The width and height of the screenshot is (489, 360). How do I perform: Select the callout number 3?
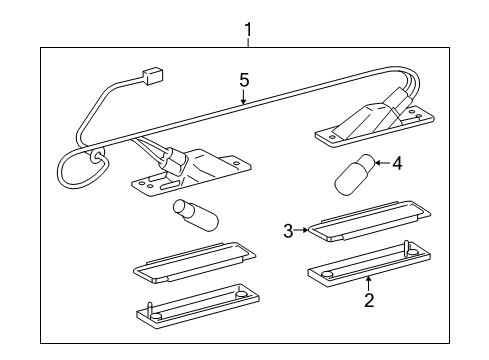click(287, 231)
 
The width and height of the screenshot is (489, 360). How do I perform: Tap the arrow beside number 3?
click(301, 231)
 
